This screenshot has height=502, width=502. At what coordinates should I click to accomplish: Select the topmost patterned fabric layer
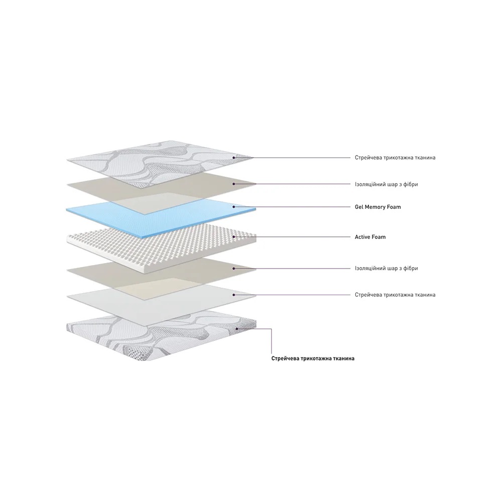[x=160, y=163]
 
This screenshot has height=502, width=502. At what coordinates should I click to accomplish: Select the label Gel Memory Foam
[x=378, y=207]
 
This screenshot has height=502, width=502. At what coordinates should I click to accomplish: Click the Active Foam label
[x=370, y=237]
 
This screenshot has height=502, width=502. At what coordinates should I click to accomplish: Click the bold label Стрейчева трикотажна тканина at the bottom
[x=313, y=358]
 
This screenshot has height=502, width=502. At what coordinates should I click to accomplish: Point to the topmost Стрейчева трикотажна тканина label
[x=395, y=158]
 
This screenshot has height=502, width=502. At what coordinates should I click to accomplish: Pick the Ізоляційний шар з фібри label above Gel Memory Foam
[x=386, y=184]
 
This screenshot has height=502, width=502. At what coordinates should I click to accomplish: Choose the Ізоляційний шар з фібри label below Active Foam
[x=386, y=268]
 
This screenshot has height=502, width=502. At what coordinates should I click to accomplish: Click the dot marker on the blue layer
[x=234, y=207]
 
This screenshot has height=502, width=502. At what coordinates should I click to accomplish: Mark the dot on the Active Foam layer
[x=234, y=237]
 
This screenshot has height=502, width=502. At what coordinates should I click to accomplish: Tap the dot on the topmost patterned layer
[x=234, y=158]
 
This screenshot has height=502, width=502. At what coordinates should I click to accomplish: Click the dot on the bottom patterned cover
[x=237, y=328]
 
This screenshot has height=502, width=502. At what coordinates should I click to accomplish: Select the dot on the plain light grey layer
[x=234, y=295]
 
